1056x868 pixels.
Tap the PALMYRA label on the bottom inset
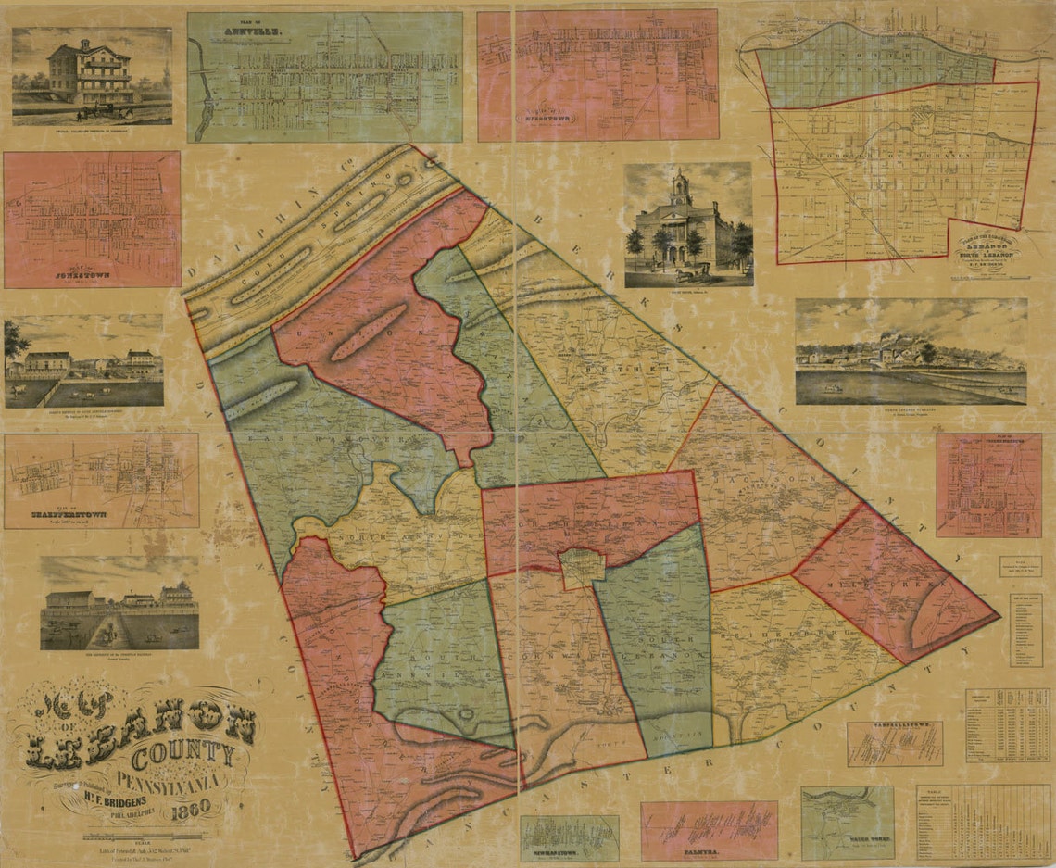[709, 847]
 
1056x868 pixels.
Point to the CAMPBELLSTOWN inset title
[893, 727]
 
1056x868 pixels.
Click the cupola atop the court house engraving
[681, 185]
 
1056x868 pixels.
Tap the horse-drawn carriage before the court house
[689, 272]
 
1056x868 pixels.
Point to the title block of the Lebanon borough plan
[990, 245]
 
